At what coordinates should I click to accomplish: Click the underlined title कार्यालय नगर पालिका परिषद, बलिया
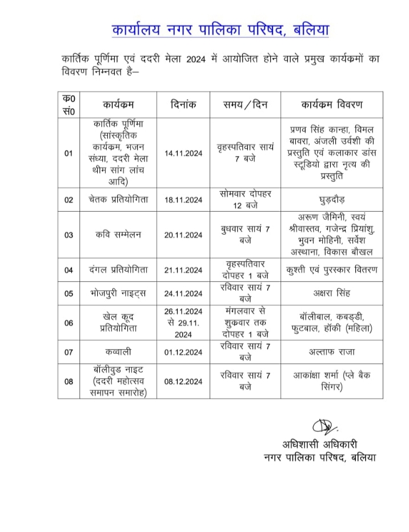[220, 30]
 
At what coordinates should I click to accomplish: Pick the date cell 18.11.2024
[183, 200]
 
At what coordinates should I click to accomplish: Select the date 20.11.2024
[183, 235]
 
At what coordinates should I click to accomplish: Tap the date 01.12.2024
[183, 352]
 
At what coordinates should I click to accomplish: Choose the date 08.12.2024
[183, 381]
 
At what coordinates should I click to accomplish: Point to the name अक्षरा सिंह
[331, 293]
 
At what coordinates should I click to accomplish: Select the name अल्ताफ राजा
[331, 352]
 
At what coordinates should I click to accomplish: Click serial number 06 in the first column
[69, 323]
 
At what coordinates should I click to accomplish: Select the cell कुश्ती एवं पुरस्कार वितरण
[331, 270]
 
